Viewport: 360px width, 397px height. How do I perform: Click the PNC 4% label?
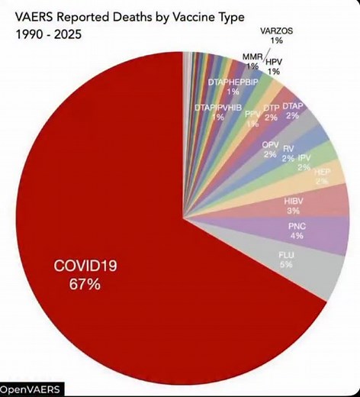(x=296, y=231)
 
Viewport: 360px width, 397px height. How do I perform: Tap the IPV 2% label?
(x=304, y=163)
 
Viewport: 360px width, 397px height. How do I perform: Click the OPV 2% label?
(x=270, y=149)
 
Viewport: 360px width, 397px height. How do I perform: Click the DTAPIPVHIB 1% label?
(x=218, y=111)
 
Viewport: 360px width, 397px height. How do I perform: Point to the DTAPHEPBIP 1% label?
(x=233, y=86)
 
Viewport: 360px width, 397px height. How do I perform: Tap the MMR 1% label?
(x=252, y=60)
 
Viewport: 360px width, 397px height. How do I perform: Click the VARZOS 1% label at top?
(x=276, y=35)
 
